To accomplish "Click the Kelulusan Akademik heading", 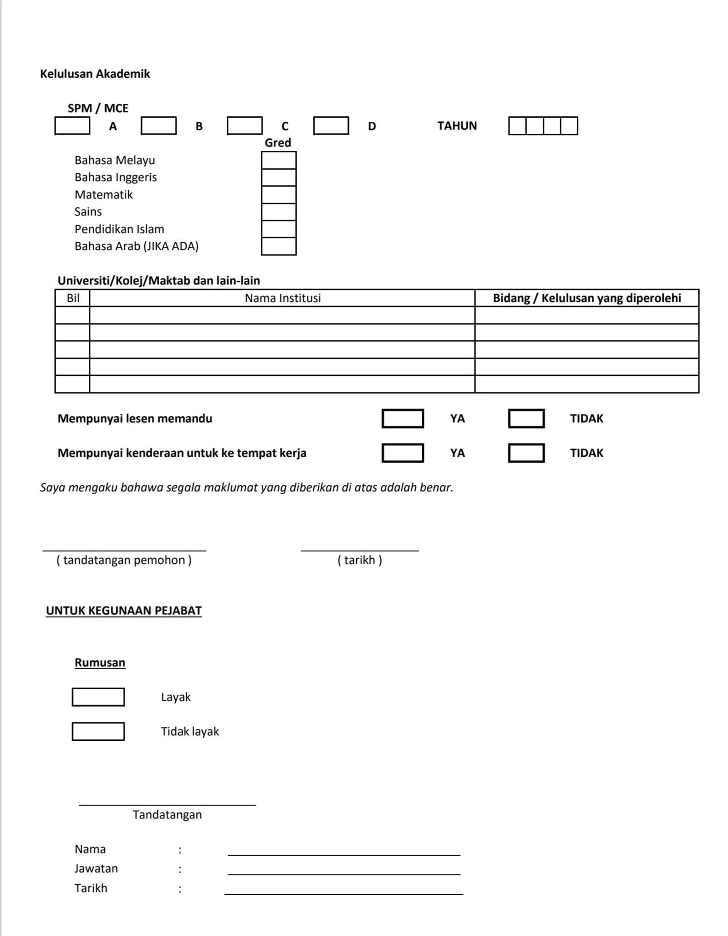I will pos(95,74).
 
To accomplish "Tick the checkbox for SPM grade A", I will pos(72,126).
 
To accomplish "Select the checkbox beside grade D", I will pos(331,126).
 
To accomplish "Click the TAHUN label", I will pos(457,126).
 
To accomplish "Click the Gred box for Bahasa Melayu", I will pos(279,160).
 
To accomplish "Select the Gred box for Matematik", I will pos(279,195).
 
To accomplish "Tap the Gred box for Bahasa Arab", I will pos(279,246).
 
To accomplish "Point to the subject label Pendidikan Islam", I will pos(119,229).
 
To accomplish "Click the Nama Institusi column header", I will pos(282,298).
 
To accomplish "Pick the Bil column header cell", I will pos(73,298).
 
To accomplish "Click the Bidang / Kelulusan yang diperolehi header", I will pos(586,298).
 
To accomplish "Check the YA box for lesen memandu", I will pos(402,419).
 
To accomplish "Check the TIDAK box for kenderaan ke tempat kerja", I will pos(526,453).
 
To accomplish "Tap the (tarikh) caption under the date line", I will pos(360,560).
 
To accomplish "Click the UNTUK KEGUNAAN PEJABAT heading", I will pos(124,611).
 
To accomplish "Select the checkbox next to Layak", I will pos(98,697).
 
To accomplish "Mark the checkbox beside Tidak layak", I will pos(98,732).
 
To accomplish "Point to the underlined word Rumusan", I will pos(100,663).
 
